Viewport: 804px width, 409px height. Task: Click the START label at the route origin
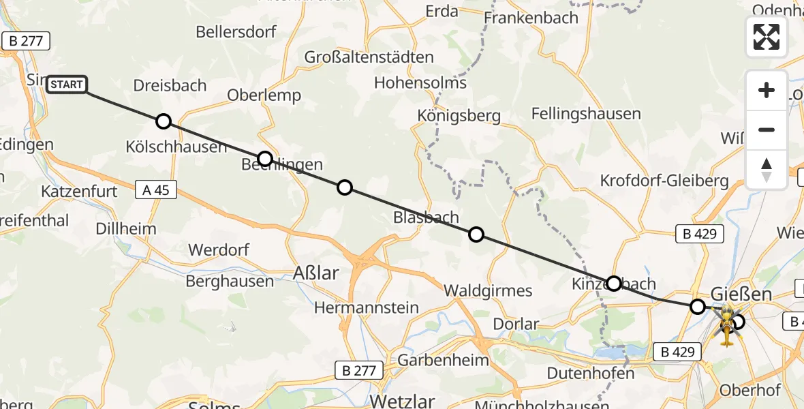pos(67,85)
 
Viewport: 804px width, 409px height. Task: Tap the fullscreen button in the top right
pos(766,36)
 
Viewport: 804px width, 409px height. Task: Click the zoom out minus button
pos(766,130)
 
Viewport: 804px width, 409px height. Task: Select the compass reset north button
pos(766,169)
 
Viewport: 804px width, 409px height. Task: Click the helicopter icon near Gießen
pos(726,326)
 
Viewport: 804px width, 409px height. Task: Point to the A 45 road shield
pos(157,190)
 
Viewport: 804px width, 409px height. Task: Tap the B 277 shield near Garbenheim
pos(359,371)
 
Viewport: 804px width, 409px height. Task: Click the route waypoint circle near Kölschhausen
pos(164,121)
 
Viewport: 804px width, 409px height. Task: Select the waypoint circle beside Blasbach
pos(476,234)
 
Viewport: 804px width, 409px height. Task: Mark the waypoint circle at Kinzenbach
pos(614,284)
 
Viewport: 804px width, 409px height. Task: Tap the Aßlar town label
pos(315,273)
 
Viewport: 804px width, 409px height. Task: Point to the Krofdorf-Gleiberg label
pos(664,181)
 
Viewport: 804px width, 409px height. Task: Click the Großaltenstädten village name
pos(369,57)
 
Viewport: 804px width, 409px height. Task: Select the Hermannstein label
pos(366,307)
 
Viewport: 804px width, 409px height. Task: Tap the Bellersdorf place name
pos(235,32)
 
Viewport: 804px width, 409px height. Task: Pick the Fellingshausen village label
pos(586,114)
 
